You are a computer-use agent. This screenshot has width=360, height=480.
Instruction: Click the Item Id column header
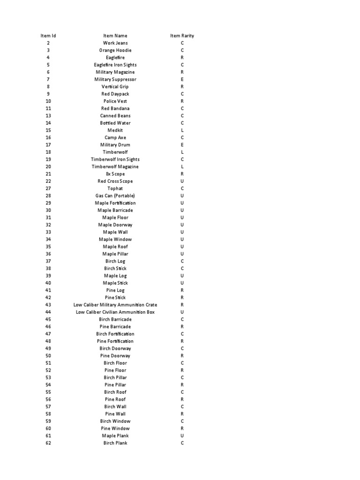click(48, 36)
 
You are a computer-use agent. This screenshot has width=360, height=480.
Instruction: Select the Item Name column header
click(115, 36)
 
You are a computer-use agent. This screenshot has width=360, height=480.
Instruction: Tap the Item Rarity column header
click(182, 36)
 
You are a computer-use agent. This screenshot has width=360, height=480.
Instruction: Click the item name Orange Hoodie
click(115, 50)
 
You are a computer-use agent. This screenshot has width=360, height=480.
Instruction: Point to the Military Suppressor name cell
click(115, 79)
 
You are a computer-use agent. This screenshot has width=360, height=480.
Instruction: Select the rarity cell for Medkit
click(182, 130)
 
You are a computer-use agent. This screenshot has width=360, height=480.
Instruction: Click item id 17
click(48, 145)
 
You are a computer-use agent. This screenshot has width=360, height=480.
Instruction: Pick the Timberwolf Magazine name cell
click(115, 166)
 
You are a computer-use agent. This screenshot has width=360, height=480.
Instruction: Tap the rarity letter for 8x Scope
click(182, 174)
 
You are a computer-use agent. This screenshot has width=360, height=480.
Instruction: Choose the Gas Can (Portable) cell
click(115, 195)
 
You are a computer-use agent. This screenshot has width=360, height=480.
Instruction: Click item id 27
click(48, 188)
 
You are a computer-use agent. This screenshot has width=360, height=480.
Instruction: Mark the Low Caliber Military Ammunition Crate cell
click(115, 305)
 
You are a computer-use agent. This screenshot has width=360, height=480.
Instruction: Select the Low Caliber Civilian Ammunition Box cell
click(115, 312)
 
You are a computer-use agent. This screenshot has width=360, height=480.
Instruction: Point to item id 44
click(48, 312)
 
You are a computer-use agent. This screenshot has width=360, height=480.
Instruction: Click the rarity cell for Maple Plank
click(182, 435)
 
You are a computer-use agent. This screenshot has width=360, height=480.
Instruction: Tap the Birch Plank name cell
click(115, 443)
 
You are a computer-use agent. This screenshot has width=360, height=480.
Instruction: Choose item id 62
click(48, 443)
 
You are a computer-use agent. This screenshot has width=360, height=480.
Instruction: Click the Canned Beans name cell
click(115, 116)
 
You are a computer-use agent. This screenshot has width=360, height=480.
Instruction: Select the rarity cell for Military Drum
click(182, 145)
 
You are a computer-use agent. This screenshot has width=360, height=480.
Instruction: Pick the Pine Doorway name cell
click(115, 356)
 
